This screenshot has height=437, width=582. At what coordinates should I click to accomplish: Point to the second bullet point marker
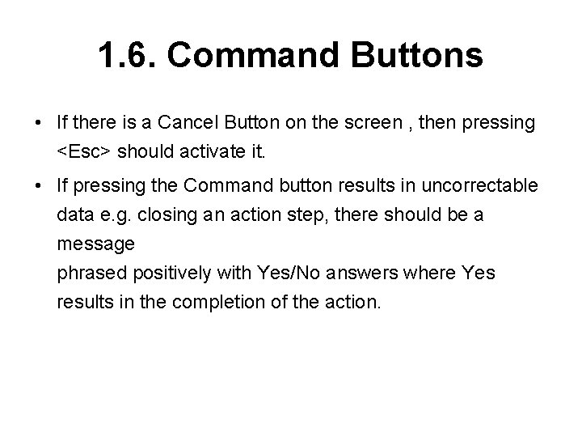coord(39,185)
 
